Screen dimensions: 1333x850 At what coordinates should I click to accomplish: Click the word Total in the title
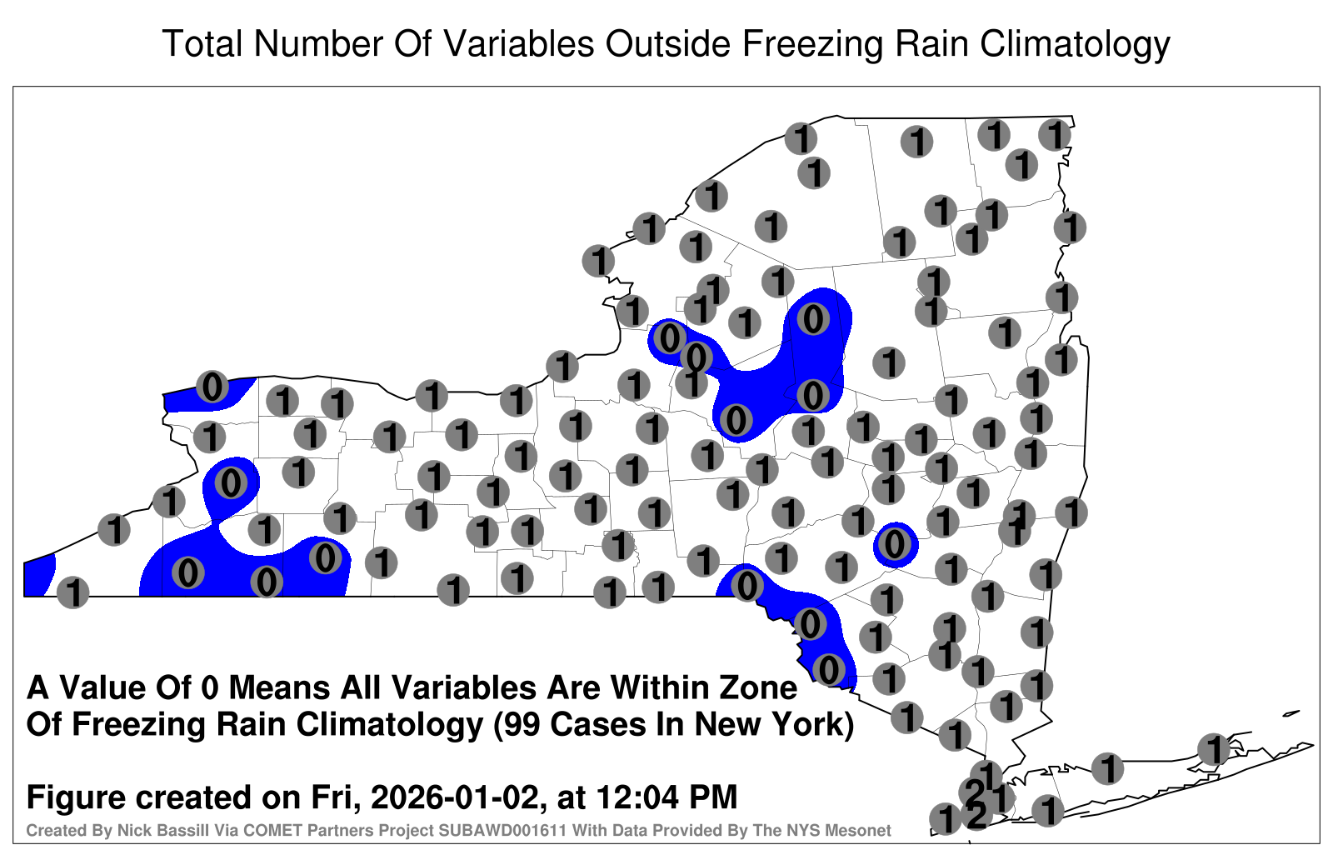202,43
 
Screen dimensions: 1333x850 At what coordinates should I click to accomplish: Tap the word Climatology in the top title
1075,45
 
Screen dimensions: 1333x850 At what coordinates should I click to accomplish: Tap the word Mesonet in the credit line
861,830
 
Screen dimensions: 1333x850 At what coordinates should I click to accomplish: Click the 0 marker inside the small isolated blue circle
895,544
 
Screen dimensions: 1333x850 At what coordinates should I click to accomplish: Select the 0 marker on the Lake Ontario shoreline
212,387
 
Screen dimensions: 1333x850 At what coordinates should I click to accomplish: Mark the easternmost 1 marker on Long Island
1213,749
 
